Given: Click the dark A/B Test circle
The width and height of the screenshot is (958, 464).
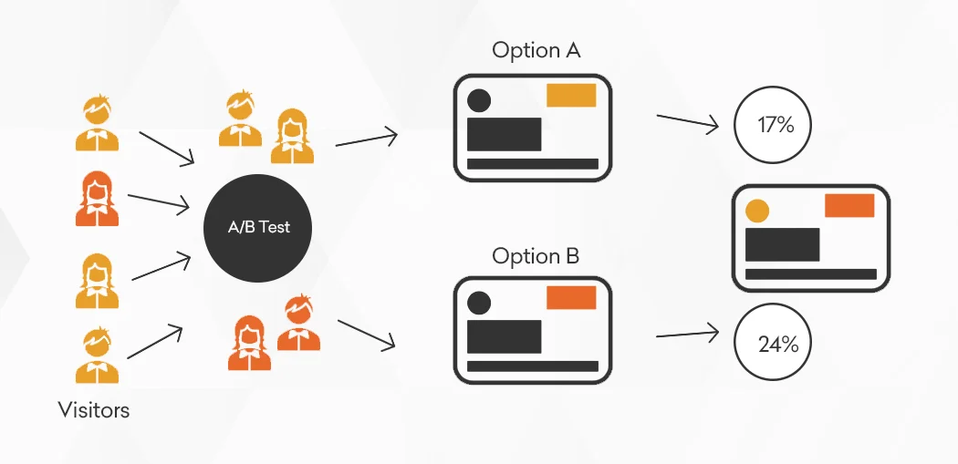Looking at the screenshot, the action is coord(257,228).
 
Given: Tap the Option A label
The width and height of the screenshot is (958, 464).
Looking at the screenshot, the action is coord(536,51).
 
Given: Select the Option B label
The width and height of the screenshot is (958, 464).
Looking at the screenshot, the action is coord(536,256).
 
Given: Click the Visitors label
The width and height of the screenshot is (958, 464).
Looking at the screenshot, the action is coord(93,409).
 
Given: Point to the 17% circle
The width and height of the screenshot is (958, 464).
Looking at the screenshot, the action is coord(773,125).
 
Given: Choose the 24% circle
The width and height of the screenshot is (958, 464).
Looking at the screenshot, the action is coord(773,343).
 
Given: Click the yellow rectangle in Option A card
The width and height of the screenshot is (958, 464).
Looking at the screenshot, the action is coord(570,95).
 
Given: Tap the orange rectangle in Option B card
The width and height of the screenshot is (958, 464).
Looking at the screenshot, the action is coord(570,298).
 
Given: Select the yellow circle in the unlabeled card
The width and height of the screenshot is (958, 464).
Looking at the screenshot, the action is coord(757,211).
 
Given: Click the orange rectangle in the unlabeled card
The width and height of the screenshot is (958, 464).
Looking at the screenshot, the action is coord(849,206).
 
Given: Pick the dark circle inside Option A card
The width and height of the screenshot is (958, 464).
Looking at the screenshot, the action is coord(479,101).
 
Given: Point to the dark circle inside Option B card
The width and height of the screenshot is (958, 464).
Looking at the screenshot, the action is coord(479,304).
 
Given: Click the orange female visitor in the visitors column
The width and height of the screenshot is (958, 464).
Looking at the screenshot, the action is coord(97,199).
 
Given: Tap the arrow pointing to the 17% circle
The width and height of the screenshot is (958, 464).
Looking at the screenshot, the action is coord(687,121).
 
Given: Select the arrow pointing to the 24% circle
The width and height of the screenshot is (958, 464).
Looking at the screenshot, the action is coord(687,334).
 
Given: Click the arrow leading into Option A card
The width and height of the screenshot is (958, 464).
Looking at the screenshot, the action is coord(367,139).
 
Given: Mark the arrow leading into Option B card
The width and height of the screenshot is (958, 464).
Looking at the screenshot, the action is coord(367,334).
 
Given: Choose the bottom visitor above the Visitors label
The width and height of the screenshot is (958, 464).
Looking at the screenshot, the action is coord(97,356).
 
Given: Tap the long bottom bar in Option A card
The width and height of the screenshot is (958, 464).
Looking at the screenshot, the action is coord(533,163).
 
